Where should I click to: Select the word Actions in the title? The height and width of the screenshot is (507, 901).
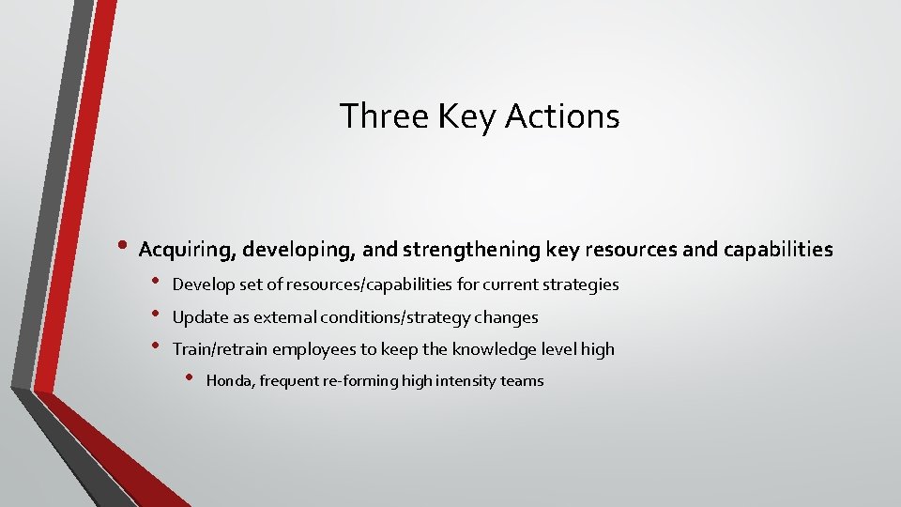(x=562, y=116)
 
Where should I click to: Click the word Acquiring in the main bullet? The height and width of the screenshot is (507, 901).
(x=185, y=250)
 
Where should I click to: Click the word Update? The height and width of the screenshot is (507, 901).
(x=197, y=317)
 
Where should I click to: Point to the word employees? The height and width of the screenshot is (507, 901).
(x=310, y=349)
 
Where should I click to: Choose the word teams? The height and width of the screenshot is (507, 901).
(x=523, y=381)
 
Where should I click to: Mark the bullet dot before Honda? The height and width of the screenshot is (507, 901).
(x=190, y=378)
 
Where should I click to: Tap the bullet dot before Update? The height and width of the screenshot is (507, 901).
(x=158, y=315)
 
